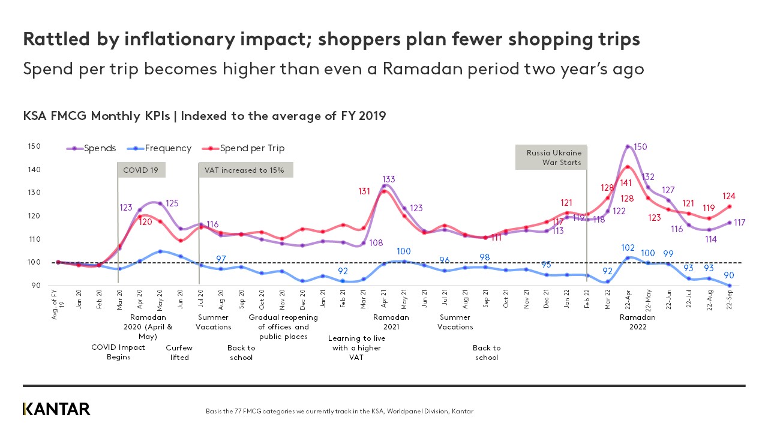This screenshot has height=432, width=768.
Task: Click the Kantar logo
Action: (56, 409)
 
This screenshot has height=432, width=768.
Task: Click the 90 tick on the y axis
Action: (35, 286)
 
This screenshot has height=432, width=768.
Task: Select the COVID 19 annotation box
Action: (141, 170)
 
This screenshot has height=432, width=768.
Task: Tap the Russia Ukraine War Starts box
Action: (551, 157)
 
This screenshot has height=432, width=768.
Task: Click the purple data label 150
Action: (640, 147)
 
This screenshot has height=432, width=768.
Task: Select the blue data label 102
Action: (628, 247)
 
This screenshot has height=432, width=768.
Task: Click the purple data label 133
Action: (388, 179)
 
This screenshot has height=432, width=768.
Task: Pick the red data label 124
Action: (729, 196)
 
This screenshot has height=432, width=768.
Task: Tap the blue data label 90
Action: (737, 275)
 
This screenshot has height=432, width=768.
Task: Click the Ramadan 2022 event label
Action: (637, 322)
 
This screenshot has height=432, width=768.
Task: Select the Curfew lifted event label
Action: (179, 352)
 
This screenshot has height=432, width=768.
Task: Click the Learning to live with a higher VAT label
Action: (356, 347)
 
